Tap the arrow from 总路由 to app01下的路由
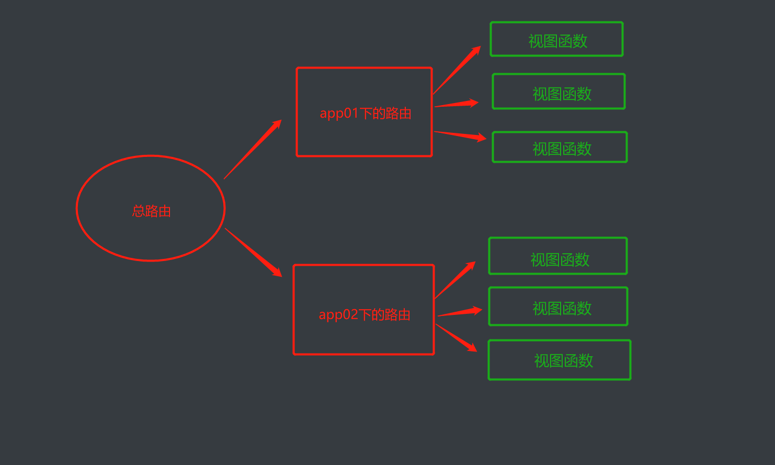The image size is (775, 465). (x=253, y=150)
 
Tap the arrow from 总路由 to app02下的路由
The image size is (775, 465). (x=253, y=252)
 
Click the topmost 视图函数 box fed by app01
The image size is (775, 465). (x=556, y=39)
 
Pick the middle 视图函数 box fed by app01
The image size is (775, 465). (x=559, y=92)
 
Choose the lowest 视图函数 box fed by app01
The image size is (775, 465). (x=560, y=147)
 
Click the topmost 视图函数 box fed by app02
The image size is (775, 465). (x=557, y=256)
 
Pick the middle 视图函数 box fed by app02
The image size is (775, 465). (x=558, y=307)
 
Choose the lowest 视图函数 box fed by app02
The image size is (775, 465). (x=560, y=360)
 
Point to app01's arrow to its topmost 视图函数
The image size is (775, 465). (x=457, y=70)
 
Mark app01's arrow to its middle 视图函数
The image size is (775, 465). (x=456, y=104)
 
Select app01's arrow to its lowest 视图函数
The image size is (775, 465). (x=460, y=135)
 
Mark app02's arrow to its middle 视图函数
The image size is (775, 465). (x=459, y=313)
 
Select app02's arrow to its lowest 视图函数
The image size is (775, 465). (x=456, y=338)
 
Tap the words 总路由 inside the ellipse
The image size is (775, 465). (x=152, y=211)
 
